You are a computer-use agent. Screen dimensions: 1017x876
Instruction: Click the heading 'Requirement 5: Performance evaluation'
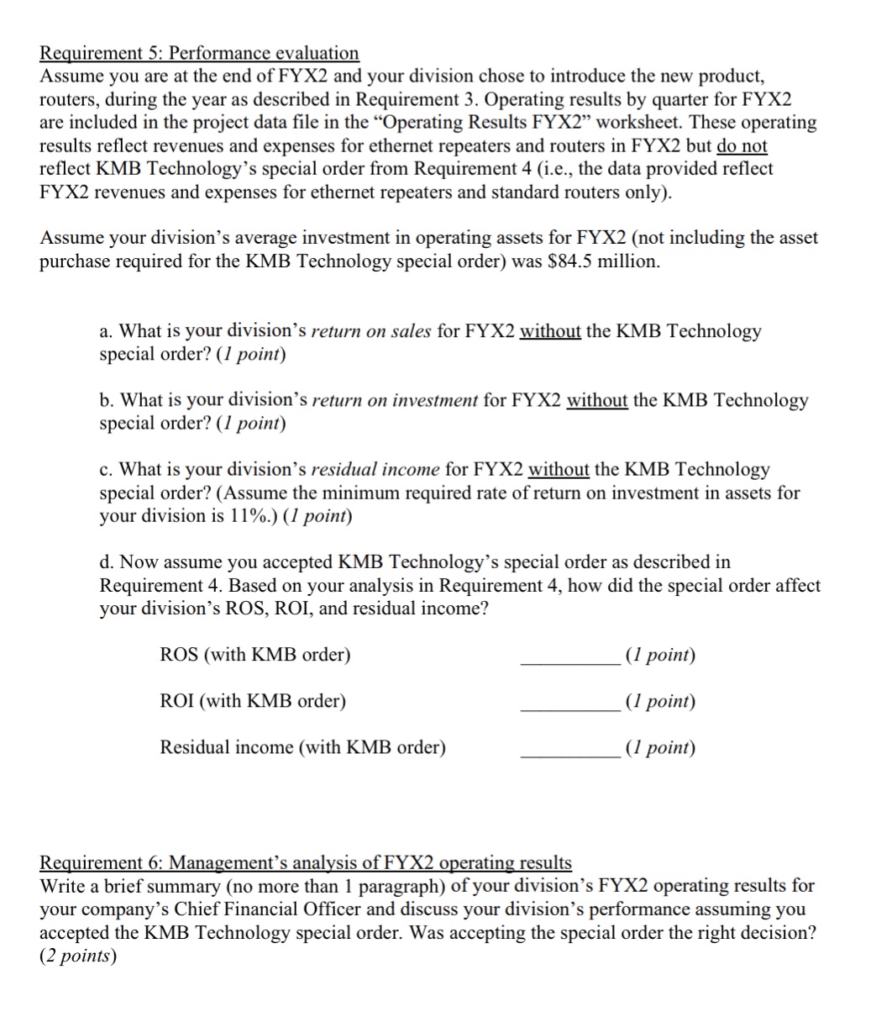pyautogui.click(x=199, y=53)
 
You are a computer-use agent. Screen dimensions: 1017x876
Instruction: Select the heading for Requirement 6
pyautogui.click(x=306, y=862)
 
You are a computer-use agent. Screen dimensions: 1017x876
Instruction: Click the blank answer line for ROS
pyautogui.click(x=569, y=662)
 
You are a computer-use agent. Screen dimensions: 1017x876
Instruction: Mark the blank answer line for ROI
pyautogui.click(x=569, y=709)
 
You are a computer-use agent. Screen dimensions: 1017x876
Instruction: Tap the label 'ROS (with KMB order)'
pyautogui.click(x=254, y=655)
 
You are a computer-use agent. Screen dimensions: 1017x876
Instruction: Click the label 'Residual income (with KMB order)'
pyautogui.click(x=302, y=747)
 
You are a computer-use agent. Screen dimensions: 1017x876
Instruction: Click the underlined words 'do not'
pyautogui.click(x=742, y=145)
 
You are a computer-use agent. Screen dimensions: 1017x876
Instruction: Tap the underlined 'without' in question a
pyautogui.click(x=550, y=331)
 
